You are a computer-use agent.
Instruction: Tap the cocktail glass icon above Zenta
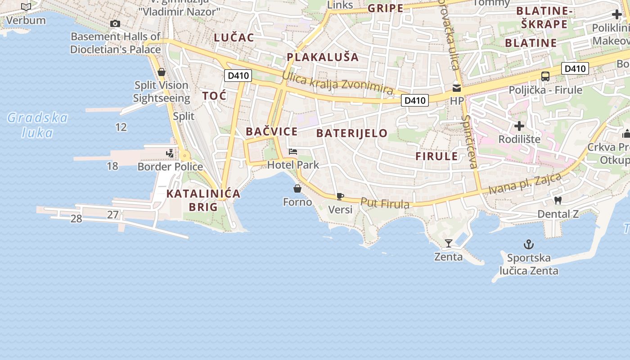(448, 244)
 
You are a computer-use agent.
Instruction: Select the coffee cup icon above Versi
(340, 196)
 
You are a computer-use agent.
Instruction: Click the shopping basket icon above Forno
(297, 189)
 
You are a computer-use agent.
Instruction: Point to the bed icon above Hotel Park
(293, 152)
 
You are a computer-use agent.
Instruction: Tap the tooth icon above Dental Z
(558, 201)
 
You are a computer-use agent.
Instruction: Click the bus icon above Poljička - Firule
(545, 76)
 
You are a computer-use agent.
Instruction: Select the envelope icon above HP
(457, 88)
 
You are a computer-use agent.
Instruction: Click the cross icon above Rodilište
(519, 126)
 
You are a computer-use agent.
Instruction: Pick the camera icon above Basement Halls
(115, 23)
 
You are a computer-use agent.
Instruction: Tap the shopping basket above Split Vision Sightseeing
(161, 72)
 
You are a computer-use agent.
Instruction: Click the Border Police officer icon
(170, 154)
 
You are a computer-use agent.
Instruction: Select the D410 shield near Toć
(238, 76)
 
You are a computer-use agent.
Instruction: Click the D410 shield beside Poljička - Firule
(575, 68)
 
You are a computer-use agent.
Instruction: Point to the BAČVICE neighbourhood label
(271, 132)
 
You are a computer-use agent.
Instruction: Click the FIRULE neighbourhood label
(436, 157)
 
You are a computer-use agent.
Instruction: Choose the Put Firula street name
(385, 203)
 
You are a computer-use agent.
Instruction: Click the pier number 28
(76, 219)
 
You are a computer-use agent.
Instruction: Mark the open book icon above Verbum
(26, 7)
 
